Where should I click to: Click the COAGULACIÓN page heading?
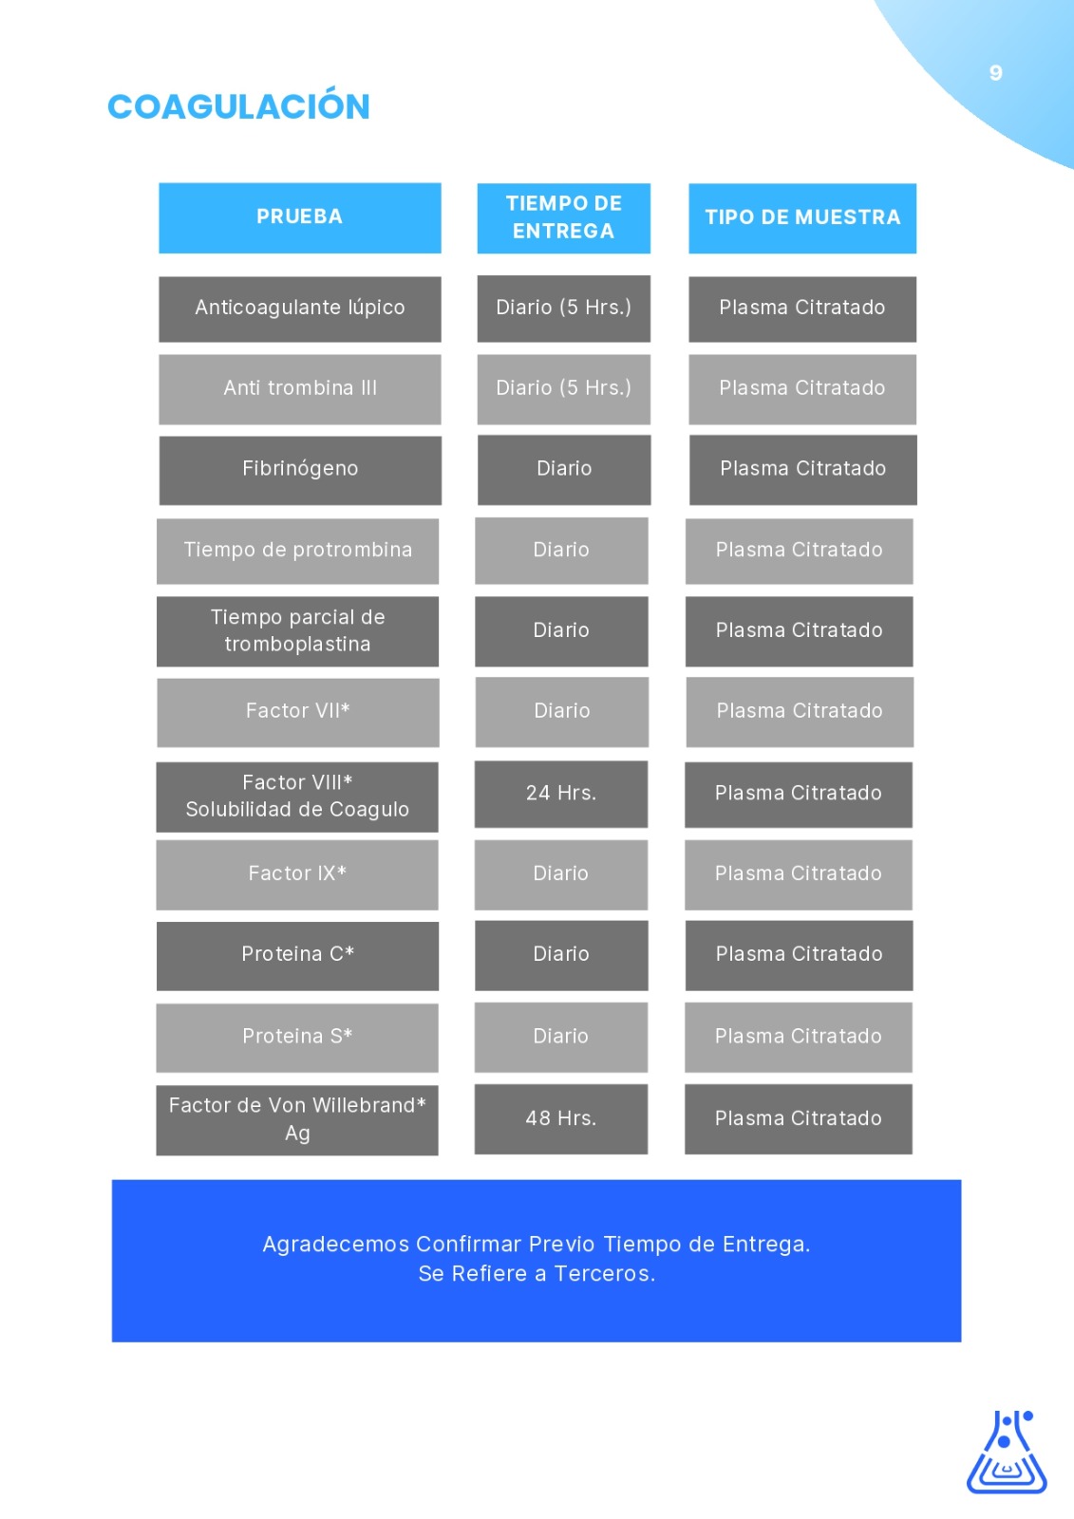pos(238,106)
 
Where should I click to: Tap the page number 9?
pos(995,72)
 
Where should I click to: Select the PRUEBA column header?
pos(300,217)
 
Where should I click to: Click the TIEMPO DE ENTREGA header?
pos(564,217)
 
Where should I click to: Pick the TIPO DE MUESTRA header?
pos(802,217)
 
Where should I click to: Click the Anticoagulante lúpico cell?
pos(300,309)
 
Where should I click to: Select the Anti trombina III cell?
pos(300,389)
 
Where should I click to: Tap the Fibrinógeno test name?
pos(300,469)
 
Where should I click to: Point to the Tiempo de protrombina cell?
pos(298,551)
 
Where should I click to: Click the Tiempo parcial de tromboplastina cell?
pos(298,631)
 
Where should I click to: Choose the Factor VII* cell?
pos(298,712)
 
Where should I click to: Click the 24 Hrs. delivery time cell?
pos(561,794)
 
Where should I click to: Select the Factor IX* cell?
pos(297,874)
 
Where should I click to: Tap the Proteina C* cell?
pos(298,955)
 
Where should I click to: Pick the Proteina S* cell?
pos(297,1038)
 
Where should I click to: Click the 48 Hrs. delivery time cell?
pos(561,1119)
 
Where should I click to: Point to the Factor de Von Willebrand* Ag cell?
pos(297,1119)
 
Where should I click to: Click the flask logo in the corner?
pos(1007,1452)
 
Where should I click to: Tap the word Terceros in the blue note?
pos(605,1273)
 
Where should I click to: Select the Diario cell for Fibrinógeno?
pos(564,470)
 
